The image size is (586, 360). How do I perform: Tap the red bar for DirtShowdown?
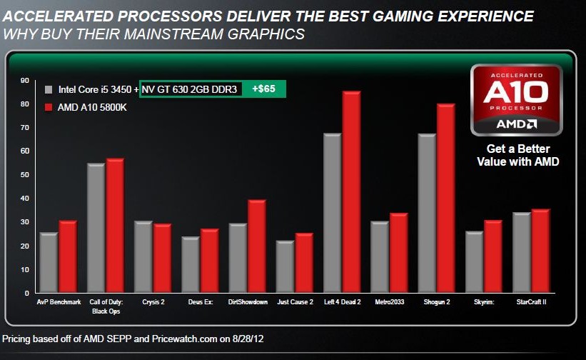[257, 246]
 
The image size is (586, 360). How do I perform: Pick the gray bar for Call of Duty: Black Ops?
[96, 228]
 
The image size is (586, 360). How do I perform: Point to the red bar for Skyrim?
[493, 256]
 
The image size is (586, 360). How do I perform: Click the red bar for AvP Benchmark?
[68, 256]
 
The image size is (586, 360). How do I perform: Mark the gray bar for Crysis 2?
[143, 257]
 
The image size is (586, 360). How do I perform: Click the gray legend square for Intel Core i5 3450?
[49, 90]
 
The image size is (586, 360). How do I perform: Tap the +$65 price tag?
[264, 89]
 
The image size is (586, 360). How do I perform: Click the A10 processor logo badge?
[515, 100]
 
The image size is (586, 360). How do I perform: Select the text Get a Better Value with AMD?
[518, 156]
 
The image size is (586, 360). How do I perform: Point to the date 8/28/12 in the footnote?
[254, 338]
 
